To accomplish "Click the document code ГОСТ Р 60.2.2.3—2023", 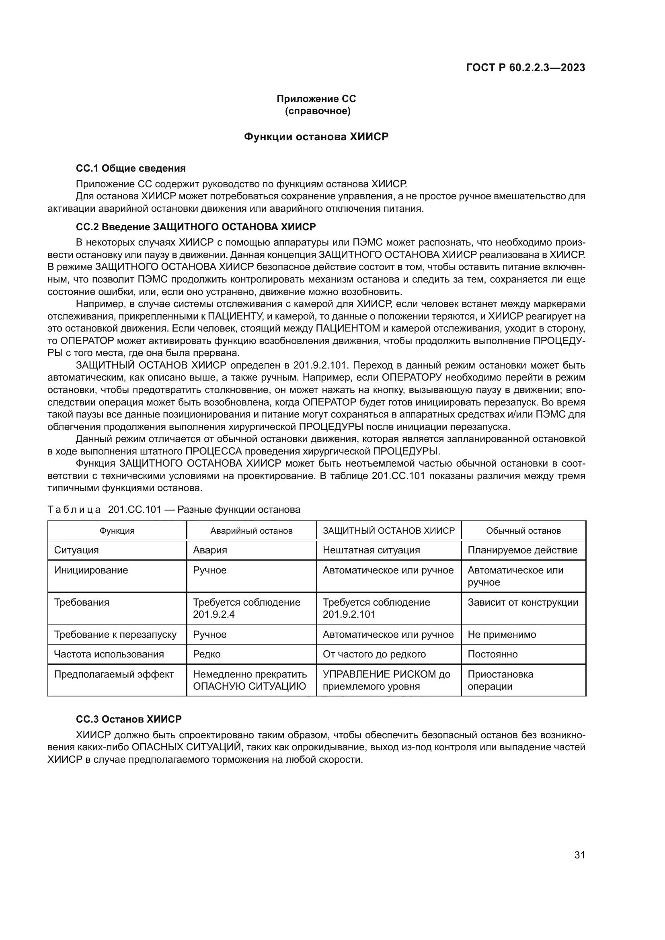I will [525, 68].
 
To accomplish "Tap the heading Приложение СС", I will [316, 99].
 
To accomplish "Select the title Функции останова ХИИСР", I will [316, 137].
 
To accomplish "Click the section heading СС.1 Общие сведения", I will [131, 168].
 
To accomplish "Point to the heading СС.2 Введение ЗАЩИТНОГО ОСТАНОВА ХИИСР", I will [196, 227].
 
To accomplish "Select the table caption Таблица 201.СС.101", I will [174, 509].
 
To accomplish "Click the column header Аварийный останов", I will [251, 530].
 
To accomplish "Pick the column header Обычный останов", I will [523, 530].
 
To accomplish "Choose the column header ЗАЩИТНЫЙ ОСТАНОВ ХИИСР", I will [389, 530].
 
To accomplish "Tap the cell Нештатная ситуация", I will [371, 550].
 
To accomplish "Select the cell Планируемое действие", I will [523, 550].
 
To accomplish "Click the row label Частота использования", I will [109, 654].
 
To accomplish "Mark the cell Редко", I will [206, 654].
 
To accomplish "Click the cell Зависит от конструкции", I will [523, 602].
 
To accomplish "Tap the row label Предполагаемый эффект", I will [114, 674].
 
